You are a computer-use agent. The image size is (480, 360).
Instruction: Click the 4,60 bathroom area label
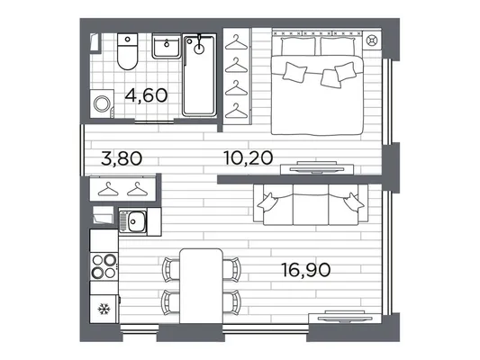146,95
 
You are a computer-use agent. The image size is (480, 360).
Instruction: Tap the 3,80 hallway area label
122,158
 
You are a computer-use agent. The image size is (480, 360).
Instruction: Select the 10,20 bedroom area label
249,157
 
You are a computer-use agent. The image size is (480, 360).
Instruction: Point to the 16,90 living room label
306,270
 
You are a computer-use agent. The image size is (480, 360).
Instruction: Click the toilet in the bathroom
127,51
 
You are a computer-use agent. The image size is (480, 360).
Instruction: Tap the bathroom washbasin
167,46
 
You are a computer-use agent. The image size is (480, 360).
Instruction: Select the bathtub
199,75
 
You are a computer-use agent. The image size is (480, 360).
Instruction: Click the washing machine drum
102,103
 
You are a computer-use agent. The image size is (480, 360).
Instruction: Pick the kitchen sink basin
136,221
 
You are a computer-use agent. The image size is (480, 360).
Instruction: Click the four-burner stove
104,266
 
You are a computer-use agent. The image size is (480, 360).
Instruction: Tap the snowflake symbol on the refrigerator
104,309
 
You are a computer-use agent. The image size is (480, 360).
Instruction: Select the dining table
201,286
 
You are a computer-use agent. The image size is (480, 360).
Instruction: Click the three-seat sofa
311,204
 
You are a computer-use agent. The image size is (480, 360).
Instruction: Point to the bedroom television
317,168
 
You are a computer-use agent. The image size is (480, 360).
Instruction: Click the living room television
345,318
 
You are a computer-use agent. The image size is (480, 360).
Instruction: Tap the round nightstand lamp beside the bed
372,40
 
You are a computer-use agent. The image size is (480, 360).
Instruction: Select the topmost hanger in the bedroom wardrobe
236,42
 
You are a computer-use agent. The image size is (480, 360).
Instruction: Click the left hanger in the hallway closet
108,189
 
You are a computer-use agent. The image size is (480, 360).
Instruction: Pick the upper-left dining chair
171,269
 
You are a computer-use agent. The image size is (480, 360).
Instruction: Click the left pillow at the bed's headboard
298,46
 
